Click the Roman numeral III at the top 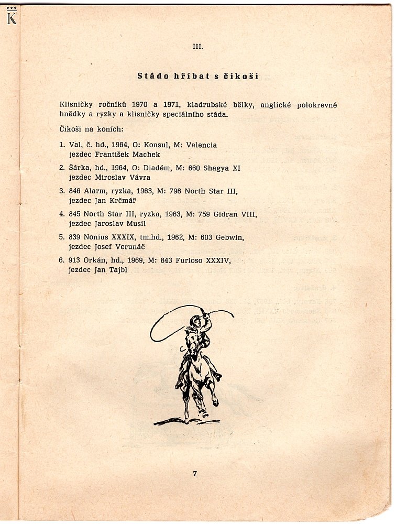click(198, 46)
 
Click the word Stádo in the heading click(152, 76)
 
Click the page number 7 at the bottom click(194, 474)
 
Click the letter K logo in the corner click(12, 17)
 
